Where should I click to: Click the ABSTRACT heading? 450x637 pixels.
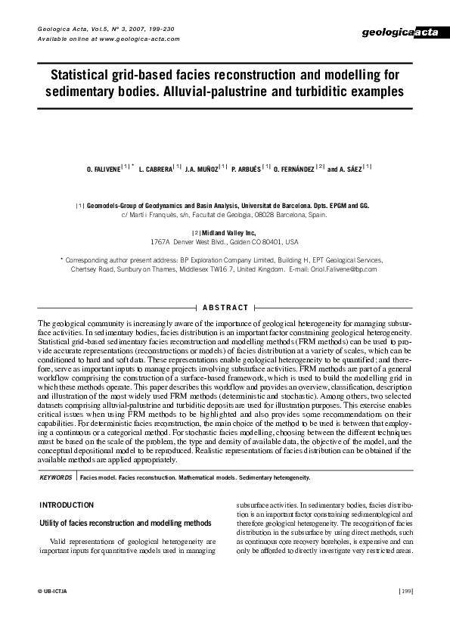click(225, 307)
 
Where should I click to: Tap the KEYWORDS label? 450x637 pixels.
click(55, 478)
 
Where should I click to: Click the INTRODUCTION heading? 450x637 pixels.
click(66, 505)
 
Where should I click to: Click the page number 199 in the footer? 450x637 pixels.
click(405, 590)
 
